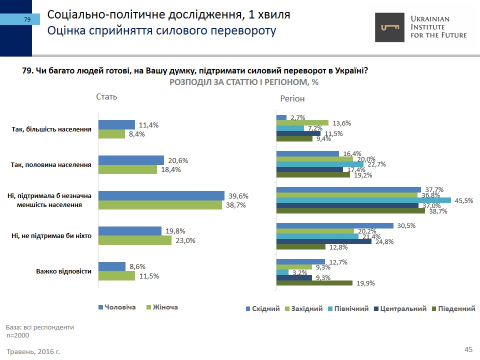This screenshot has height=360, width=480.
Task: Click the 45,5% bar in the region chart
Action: (x=363, y=200)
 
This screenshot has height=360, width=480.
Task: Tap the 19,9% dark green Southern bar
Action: (x=314, y=283)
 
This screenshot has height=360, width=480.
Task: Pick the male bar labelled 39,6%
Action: (x=161, y=196)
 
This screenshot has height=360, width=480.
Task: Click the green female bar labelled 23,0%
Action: (x=134, y=240)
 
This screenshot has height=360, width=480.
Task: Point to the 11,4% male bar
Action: (x=116, y=125)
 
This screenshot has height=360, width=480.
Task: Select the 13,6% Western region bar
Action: (x=302, y=123)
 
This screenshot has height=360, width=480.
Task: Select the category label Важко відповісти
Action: (x=63, y=271)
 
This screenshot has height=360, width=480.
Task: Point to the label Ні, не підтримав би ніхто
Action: (x=51, y=235)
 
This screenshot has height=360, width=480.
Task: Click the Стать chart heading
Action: (x=106, y=96)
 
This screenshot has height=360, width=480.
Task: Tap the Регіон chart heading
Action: (x=292, y=98)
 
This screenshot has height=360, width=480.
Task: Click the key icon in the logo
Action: (x=390, y=27)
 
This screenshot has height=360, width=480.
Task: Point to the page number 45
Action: (x=468, y=349)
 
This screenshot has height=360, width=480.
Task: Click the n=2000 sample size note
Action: (x=18, y=335)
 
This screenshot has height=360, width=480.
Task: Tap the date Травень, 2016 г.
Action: (x=33, y=351)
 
